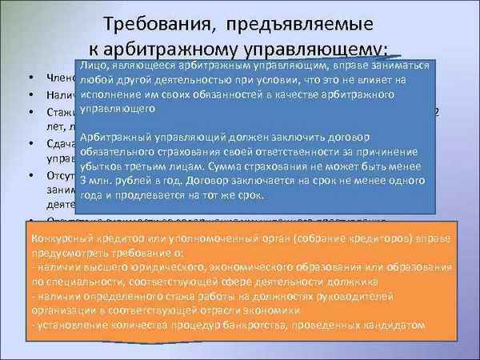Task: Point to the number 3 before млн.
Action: tap(86, 182)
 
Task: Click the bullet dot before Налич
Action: tap(30, 95)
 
